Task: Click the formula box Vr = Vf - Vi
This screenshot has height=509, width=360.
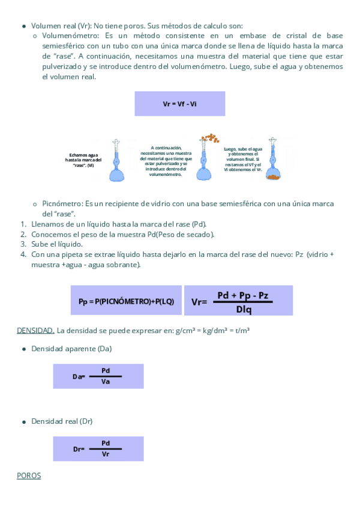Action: [x=179, y=104]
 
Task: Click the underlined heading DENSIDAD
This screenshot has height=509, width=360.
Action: [x=35, y=330]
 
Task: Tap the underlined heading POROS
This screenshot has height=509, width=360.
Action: [x=29, y=475]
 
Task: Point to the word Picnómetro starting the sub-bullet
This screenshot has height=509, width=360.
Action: [x=62, y=204]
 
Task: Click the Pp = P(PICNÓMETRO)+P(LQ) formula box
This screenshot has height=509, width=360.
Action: [x=126, y=301]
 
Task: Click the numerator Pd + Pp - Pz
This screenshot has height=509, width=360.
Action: [x=243, y=295]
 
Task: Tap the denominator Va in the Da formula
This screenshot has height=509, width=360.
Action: [x=106, y=381]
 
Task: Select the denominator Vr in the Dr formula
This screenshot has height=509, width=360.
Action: [x=106, y=454]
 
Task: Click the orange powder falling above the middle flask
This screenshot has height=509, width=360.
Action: [x=210, y=139]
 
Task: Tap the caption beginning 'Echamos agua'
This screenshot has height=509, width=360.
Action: [x=83, y=160]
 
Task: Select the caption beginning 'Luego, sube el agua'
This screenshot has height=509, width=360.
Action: [x=242, y=159]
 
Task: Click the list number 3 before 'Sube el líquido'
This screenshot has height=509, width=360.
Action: [x=23, y=244]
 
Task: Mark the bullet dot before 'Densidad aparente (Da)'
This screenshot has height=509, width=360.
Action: [x=23, y=349]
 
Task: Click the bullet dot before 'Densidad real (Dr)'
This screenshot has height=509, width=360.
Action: [x=23, y=421]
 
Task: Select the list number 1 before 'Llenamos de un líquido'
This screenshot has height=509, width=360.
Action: [x=23, y=224]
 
